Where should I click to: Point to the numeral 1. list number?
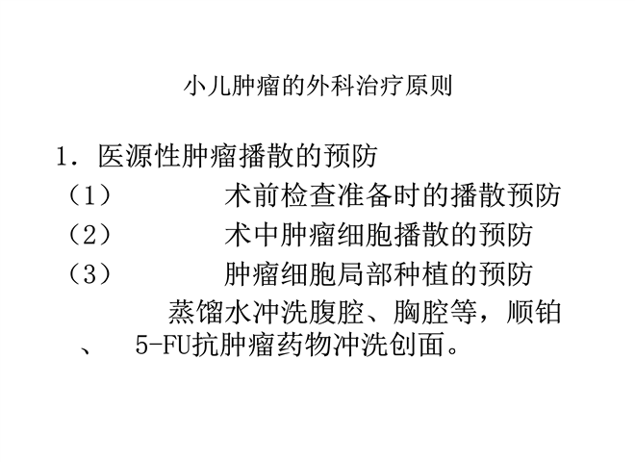tap(66, 156)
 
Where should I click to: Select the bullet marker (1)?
tap(89, 195)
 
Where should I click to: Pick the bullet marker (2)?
tap(89, 235)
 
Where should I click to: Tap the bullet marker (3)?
tap(89, 274)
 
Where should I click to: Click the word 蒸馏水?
tap(210, 313)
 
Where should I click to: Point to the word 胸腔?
tap(421, 313)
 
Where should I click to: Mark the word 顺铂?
tap(534, 313)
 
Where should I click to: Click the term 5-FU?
tap(163, 346)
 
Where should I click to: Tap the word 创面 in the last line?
tap(418, 346)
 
